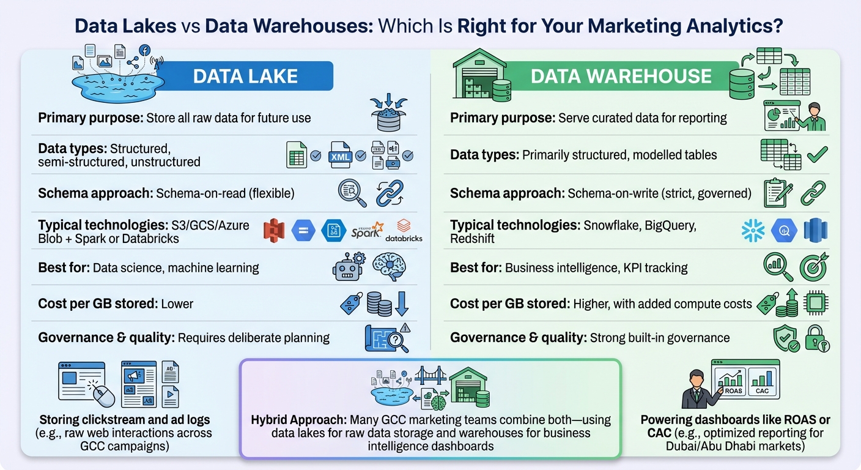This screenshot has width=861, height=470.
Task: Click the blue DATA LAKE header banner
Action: click(x=245, y=76)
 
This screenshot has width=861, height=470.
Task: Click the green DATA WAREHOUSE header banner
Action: click(x=621, y=76)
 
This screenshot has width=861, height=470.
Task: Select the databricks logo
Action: click(x=404, y=231)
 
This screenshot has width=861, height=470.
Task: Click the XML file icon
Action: click(x=340, y=155)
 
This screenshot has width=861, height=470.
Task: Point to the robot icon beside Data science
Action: click(x=347, y=267)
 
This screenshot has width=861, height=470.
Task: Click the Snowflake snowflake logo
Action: click(x=753, y=231)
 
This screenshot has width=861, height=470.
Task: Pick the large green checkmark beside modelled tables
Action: click(x=816, y=155)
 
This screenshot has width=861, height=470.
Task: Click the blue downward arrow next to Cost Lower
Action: click(x=402, y=304)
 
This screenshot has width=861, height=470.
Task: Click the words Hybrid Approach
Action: click(x=298, y=420)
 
